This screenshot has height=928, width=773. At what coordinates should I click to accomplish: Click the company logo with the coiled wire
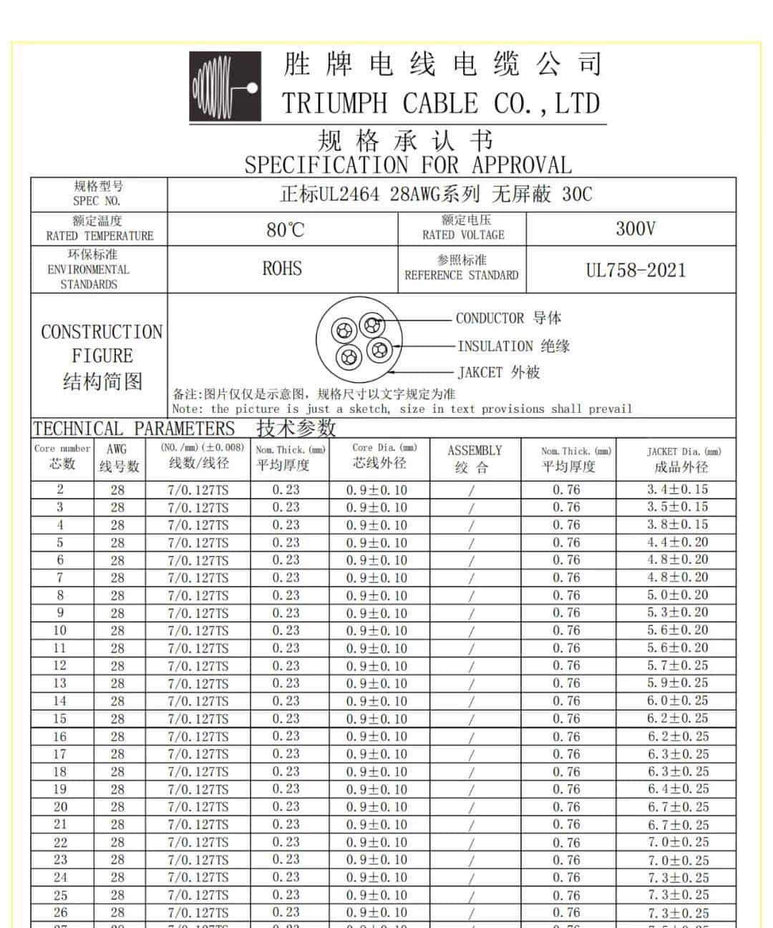pyautogui.click(x=225, y=87)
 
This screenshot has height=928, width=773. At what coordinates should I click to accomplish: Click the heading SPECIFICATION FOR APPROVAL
pyautogui.click(x=408, y=165)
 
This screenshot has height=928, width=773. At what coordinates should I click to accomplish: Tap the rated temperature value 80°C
pyautogui.click(x=285, y=230)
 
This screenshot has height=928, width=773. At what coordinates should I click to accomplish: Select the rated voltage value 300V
pyautogui.click(x=635, y=229)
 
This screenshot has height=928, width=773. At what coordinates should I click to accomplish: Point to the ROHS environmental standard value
pyautogui.click(x=282, y=269)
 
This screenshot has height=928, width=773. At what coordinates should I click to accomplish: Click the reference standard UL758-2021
pyautogui.click(x=636, y=270)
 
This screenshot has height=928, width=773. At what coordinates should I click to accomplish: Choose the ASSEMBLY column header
pyautogui.click(x=475, y=458)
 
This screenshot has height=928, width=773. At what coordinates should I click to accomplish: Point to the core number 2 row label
pyautogui.click(x=60, y=489)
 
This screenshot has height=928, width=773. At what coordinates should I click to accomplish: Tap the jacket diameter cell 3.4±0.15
pyautogui.click(x=677, y=489)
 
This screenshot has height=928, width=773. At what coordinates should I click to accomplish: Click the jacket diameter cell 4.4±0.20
pyautogui.click(x=677, y=542)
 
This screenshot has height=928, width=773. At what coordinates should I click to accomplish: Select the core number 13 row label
pyautogui.click(x=60, y=683)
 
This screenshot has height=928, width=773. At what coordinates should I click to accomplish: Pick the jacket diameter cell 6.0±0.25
pyautogui.click(x=677, y=701)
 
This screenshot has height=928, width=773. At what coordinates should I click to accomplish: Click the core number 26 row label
pyautogui.click(x=60, y=912)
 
